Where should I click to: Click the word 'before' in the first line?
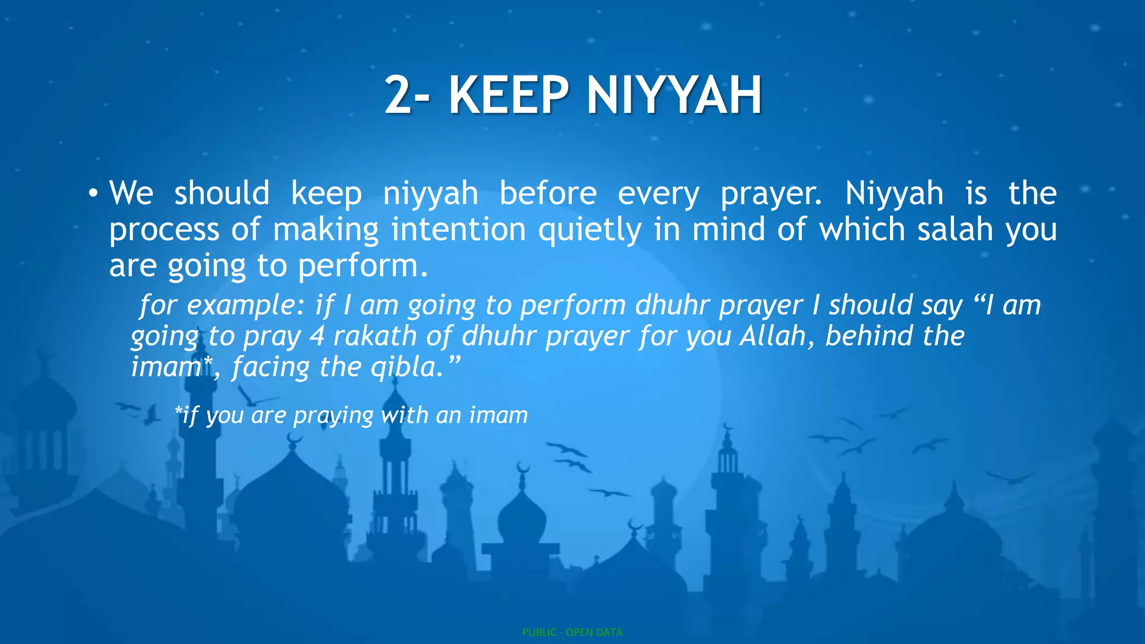pos(548,193)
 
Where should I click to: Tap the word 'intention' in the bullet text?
pos(458,229)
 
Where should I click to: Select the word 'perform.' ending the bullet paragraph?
pos(363,267)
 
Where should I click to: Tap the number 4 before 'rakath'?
pos(317,336)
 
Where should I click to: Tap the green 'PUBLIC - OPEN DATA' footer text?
pos(572,632)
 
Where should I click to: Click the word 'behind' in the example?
pos(869,336)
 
